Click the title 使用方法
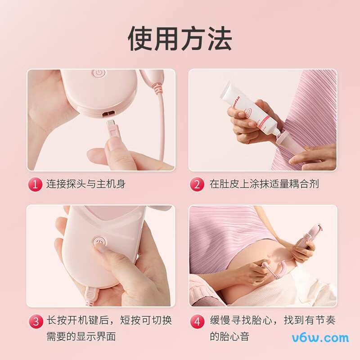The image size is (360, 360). [180, 38]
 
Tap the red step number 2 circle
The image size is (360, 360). [197, 184]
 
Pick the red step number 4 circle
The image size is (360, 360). [197, 321]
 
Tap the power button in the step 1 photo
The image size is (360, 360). [98, 72]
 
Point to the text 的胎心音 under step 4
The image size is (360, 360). [229, 336]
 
